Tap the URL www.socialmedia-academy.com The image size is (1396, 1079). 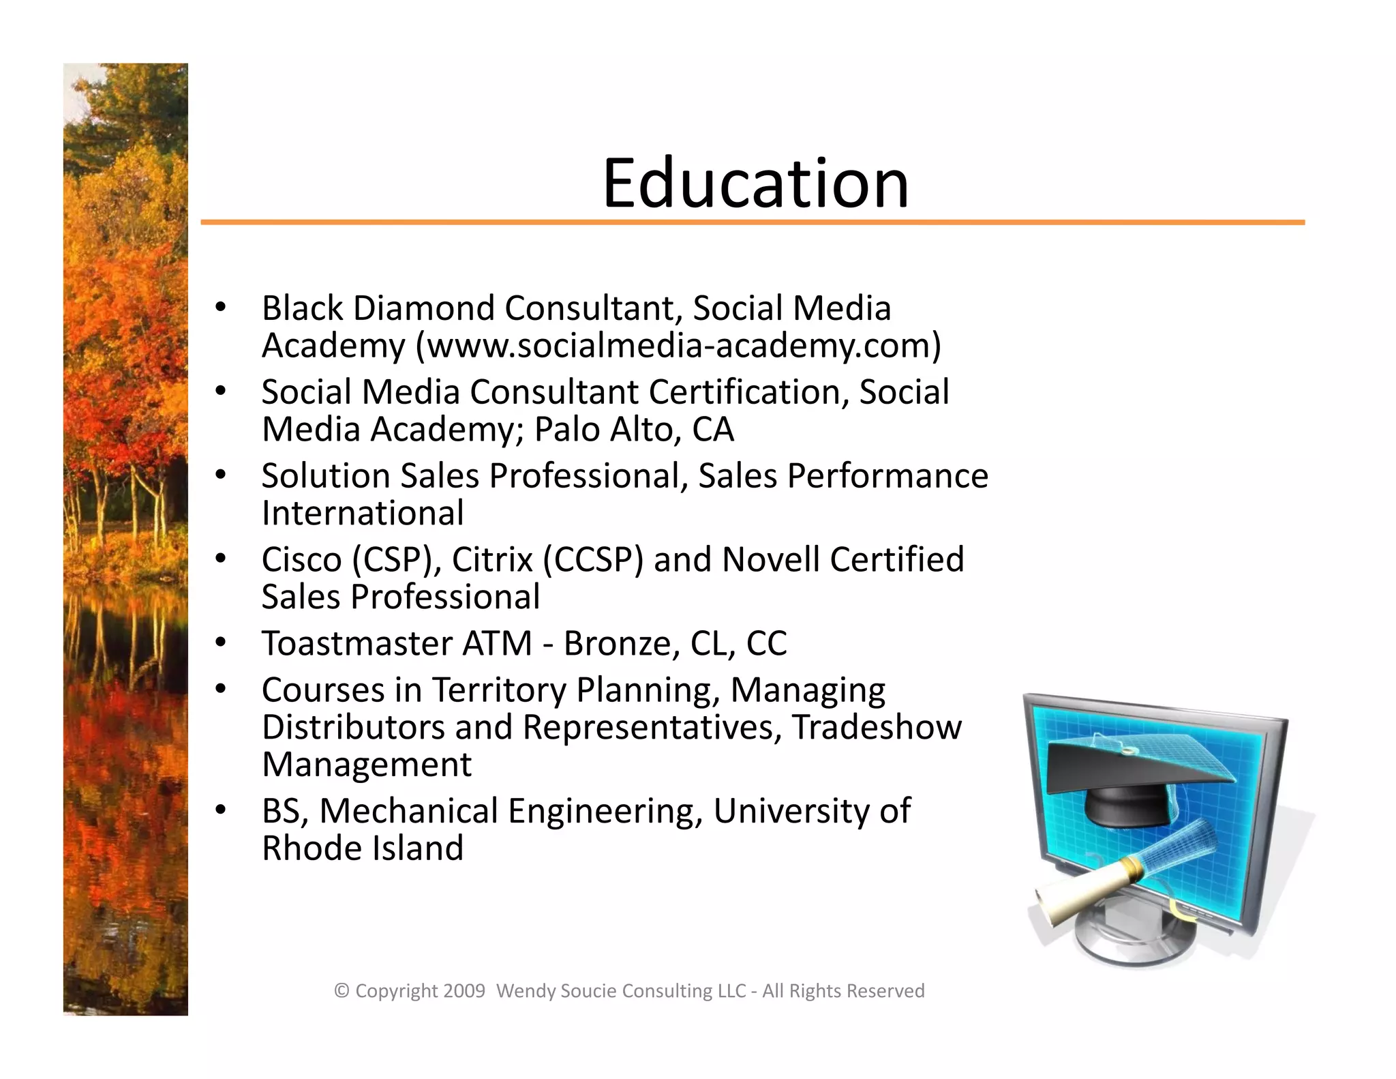tap(678, 346)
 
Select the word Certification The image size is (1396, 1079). tap(748, 392)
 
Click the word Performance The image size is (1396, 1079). tap(887, 476)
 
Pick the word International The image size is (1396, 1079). tap(363, 514)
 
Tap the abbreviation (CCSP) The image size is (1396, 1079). tap(593, 560)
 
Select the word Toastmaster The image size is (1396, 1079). tap(357, 644)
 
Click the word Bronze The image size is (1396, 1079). tap(617, 644)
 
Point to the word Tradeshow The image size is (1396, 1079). tap(877, 728)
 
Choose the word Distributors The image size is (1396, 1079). tap(353, 728)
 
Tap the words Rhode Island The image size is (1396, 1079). tap(363, 849)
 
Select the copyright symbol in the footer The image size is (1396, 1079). tap(342, 991)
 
